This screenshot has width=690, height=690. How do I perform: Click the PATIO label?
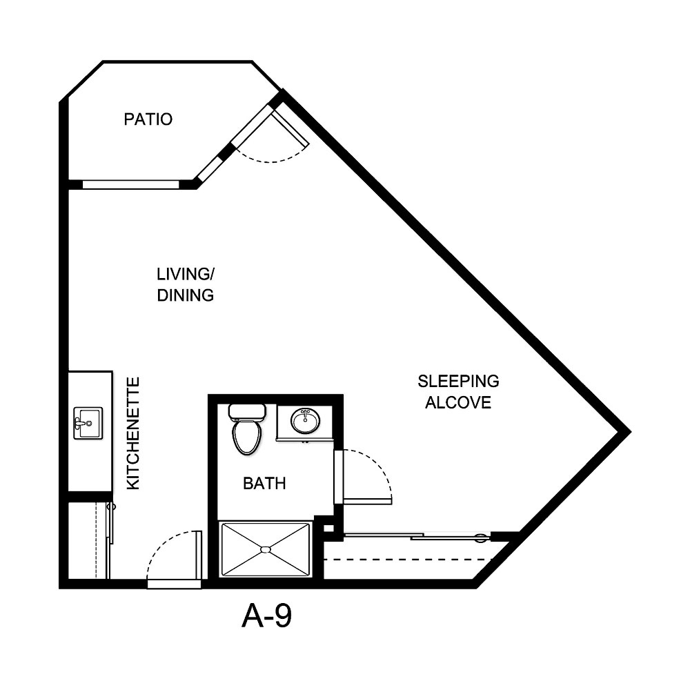pos(148,119)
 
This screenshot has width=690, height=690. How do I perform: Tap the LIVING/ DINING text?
pos(184,284)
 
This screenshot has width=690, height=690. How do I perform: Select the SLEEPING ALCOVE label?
pos(458,391)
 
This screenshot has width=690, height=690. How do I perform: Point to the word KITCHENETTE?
pos(134,433)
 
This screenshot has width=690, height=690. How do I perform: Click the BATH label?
pos(264,484)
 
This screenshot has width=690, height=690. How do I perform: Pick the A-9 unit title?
pos(266,616)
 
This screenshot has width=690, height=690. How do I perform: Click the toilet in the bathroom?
pos(246,435)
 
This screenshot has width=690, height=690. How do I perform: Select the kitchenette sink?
pos(88,423)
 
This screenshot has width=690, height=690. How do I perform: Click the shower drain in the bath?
pos(264,549)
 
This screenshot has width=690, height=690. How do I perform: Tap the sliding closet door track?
pos(417,536)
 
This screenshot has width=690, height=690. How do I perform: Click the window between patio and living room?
pos(130,184)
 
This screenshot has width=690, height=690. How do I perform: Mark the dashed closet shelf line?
pos(414,559)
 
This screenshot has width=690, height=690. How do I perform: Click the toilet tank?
pos(247,412)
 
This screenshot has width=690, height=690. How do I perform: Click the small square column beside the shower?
pos(328,529)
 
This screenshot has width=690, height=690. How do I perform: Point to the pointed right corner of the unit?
pos(627,432)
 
